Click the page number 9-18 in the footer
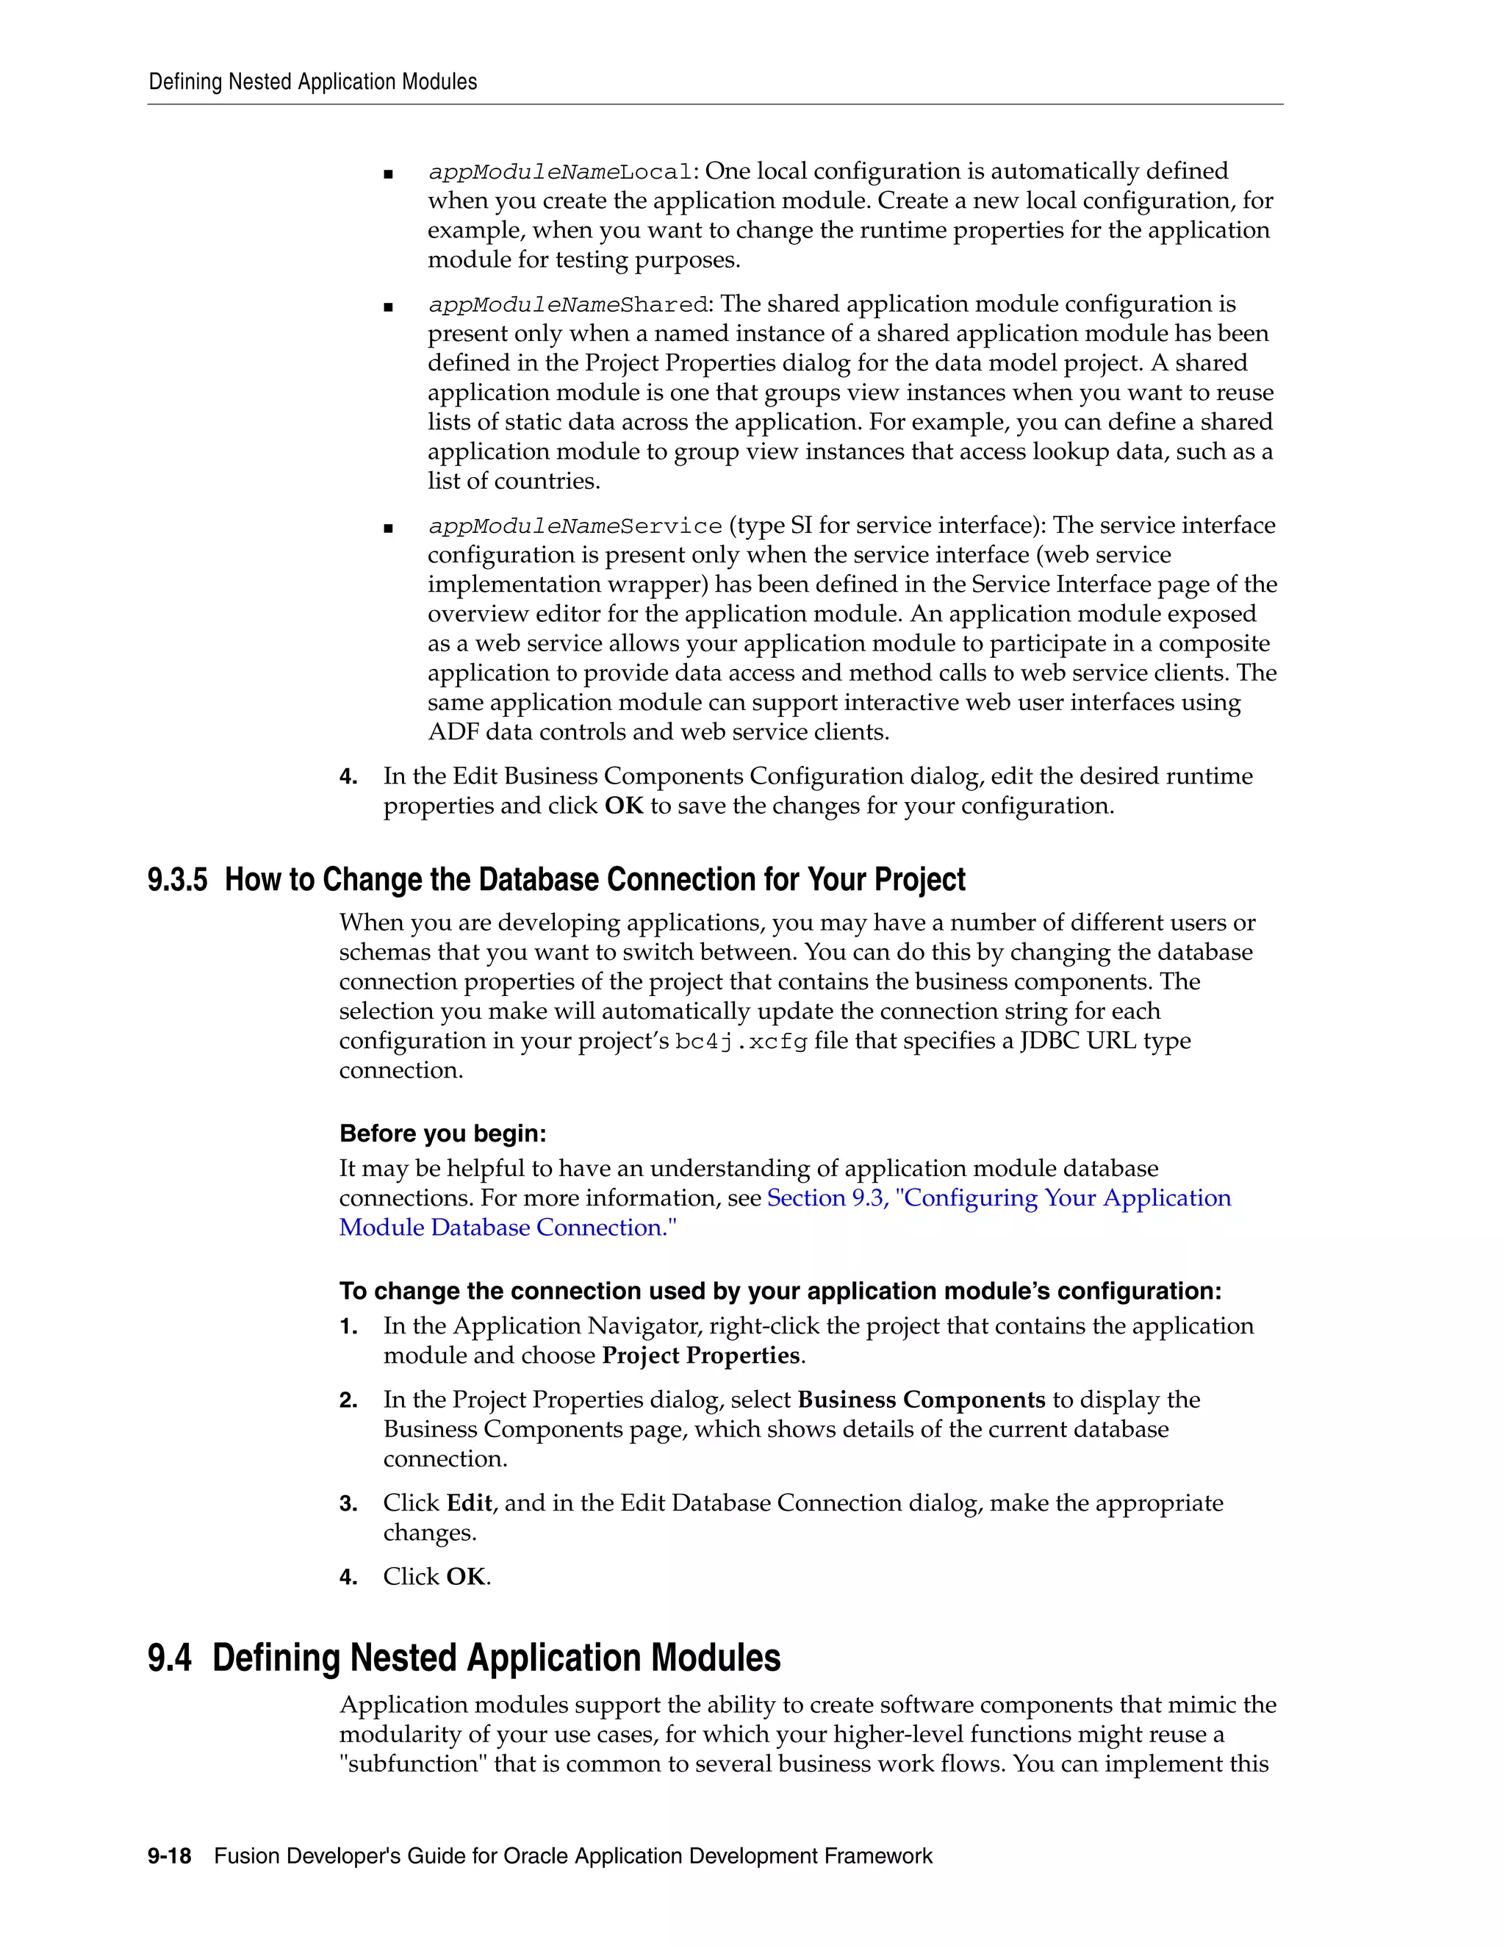170,1856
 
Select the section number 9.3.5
177,881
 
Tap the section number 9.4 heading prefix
170,1658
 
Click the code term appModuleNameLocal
559,172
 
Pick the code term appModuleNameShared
567,305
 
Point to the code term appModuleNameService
574,526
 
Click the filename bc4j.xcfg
741,1042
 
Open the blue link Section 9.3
827,1198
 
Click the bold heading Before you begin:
442,1134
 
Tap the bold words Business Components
921,1400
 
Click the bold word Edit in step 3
469,1504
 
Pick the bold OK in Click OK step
465,1577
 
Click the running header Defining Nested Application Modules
312,82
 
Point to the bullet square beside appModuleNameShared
388,307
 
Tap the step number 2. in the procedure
348,1401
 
